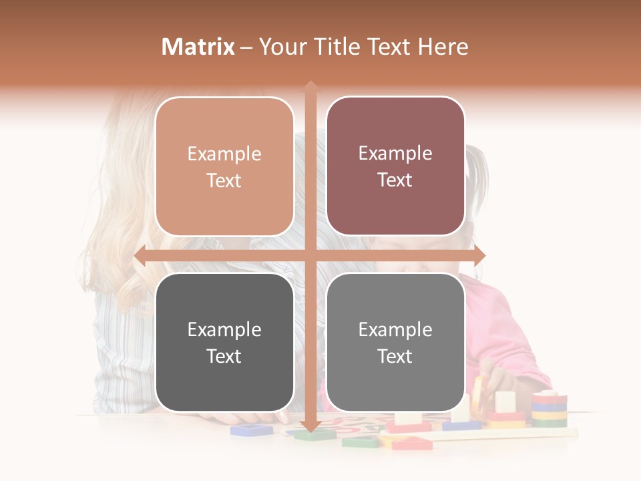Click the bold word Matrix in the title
pos(198,47)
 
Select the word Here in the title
pos(443,47)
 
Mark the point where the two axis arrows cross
pos(310,256)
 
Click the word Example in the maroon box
pos(395,154)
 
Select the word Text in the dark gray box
pos(224,356)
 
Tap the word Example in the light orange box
pos(224,154)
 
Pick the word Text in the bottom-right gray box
pos(395,356)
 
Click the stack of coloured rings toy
pos(549,409)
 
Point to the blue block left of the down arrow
pos(251,430)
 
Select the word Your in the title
pos(280,47)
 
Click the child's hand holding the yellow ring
pos(492,378)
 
